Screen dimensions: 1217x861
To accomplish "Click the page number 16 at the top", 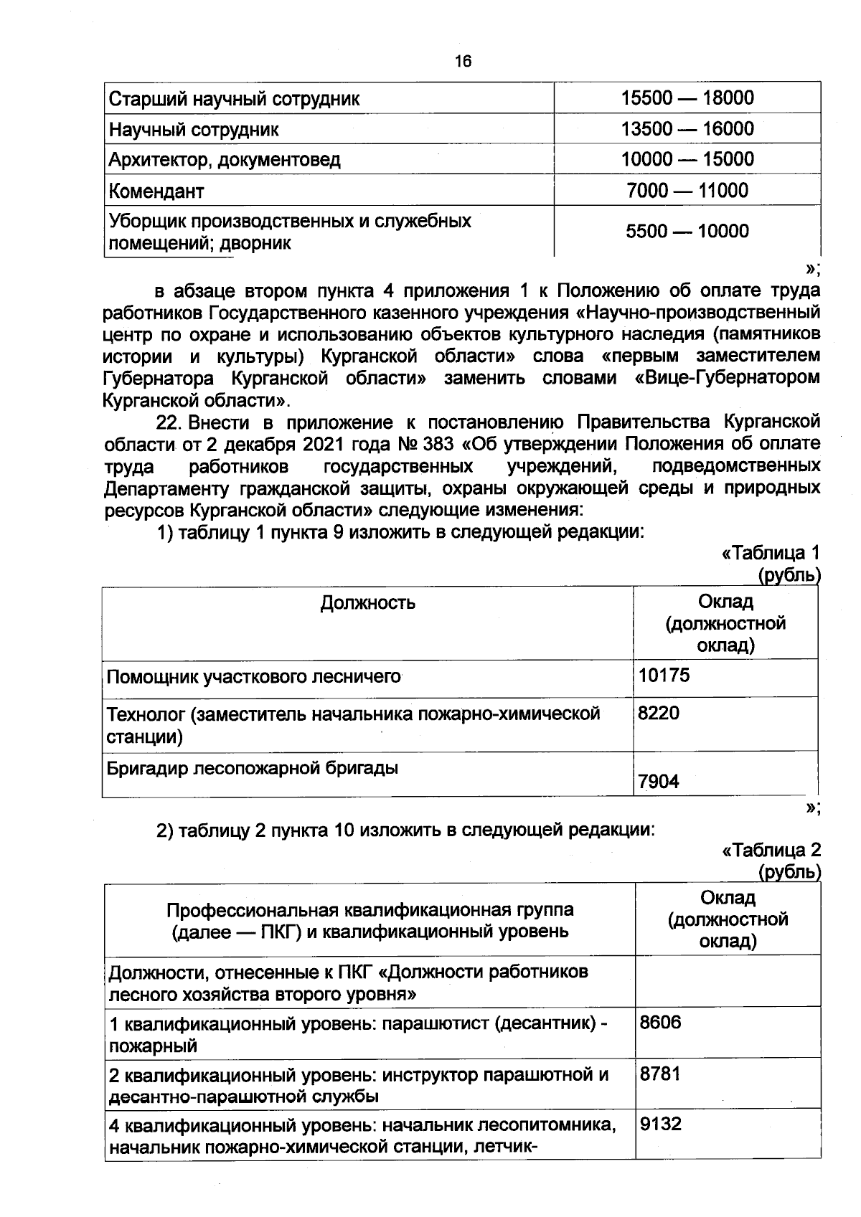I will pyautogui.click(x=463, y=62).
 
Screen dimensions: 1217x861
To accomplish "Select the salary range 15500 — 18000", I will pyautogui.click(x=687, y=98).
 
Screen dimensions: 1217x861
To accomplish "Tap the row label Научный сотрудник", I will pyautogui.click(x=194, y=130).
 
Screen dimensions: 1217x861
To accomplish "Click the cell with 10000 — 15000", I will pyautogui.click(x=687, y=159).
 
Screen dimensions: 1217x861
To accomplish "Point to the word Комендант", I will pyautogui.click(x=156, y=191).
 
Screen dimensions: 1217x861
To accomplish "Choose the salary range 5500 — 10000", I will pyautogui.click(x=687, y=231).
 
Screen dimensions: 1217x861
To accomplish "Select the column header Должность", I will pyautogui.click(x=367, y=602).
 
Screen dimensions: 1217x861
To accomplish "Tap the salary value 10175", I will pyautogui.click(x=664, y=675).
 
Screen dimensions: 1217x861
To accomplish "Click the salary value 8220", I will pyautogui.click(x=659, y=713).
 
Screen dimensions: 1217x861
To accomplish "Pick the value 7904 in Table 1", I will pyautogui.click(x=659, y=782).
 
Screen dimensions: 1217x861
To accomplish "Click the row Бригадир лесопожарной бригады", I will pyautogui.click(x=253, y=768).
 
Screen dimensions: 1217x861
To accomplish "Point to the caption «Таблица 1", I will pyautogui.click(x=770, y=553).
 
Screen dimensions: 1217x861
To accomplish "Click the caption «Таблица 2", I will pyautogui.click(x=771, y=851).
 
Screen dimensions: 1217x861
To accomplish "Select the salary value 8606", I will pyautogui.click(x=660, y=1023).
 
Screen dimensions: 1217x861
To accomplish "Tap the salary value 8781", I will pyautogui.click(x=660, y=1074).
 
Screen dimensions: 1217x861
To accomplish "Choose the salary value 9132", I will pyautogui.click(x=660, y=1124).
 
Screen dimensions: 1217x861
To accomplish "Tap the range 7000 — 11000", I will pyautogui.click(x=687, y=191).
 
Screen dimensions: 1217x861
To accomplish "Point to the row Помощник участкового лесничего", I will pyautogui.click(x=253, y=676).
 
